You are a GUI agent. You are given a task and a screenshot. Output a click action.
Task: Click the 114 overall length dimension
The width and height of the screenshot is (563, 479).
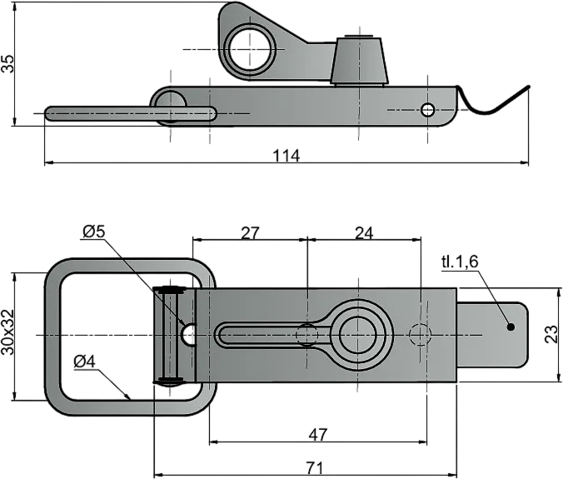tap(286, 157)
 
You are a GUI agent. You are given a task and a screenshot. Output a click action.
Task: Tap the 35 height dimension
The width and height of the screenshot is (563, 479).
tap(7, 63)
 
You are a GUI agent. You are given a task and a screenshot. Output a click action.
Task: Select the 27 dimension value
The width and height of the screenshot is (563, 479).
tap(250, 233)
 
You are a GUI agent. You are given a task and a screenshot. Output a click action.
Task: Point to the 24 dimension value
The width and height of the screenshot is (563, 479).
tap(364, 233)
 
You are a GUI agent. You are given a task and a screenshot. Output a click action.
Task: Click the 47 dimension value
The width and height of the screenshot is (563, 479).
tap(318, 435)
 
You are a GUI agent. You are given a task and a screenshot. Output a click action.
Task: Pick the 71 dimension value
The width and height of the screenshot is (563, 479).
tap(315, 468)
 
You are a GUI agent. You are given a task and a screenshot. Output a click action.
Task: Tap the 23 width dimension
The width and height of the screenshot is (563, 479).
tap(552, 334)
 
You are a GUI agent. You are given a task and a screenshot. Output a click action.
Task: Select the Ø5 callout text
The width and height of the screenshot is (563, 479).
tap(94, 232)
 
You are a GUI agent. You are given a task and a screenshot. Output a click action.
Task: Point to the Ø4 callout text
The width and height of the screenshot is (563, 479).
tap(85, 362)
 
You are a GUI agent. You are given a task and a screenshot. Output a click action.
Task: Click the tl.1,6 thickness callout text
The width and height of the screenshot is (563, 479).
tap(460, 262)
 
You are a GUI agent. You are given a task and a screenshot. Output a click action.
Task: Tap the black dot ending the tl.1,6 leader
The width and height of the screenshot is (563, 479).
tap(511, 327)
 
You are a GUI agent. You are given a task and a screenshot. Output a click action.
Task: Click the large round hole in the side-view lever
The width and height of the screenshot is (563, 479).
tap(250, 49)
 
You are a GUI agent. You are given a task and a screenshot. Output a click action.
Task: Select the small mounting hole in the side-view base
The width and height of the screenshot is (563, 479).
tap(427, 110)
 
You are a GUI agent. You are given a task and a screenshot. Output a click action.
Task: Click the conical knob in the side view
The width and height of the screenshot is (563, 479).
tap(359, 60)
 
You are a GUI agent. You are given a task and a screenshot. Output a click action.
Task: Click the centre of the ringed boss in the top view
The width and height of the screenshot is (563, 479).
tap(358, 335)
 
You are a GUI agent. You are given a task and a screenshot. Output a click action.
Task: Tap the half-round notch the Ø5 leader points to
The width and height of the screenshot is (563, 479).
tap(189, 334)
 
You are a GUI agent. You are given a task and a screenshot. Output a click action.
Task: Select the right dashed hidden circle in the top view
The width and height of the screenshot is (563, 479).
tap(420, 335)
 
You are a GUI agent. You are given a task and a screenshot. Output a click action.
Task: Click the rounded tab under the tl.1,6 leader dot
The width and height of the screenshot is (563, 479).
tap(493, 335)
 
